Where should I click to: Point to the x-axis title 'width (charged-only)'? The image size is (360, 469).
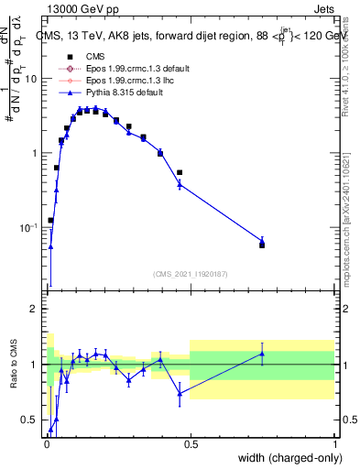coord(285,457)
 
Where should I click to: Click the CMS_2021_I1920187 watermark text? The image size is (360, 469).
coord(190,273)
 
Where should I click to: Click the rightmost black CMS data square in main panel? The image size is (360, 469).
coord(262,245)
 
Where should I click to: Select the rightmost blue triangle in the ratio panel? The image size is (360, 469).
coord(262,354)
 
